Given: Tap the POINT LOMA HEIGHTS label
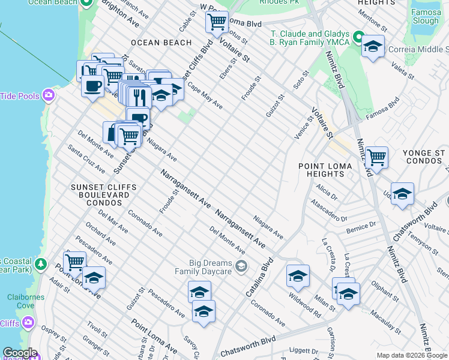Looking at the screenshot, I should tap(322, 170).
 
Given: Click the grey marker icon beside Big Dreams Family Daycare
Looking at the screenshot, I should tap(241, 266).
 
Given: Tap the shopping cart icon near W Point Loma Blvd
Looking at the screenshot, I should tap(217, 22).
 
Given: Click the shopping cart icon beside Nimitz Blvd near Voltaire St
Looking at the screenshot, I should tap(376, 157).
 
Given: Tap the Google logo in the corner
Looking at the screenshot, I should tap(19, 353).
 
